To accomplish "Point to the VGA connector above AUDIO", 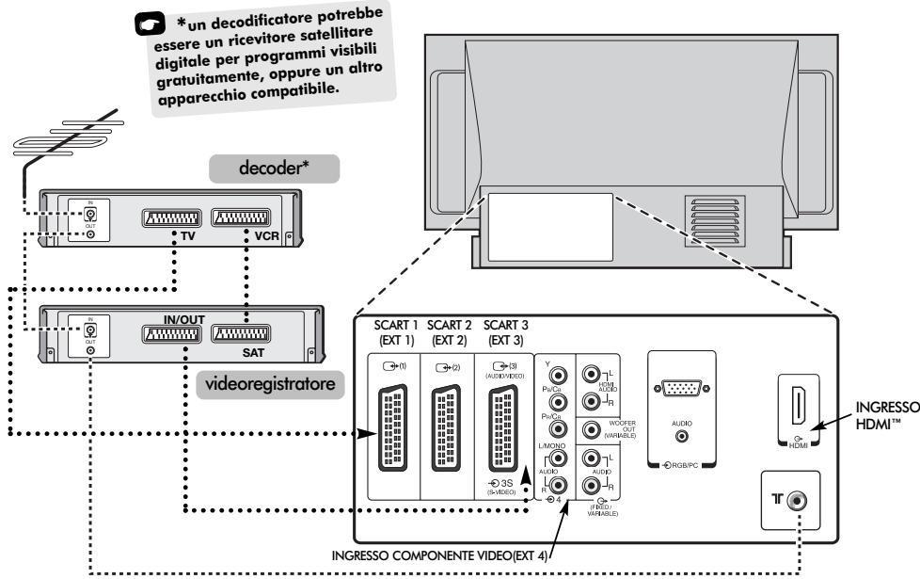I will pyautogui.click(x=682, y=393).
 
